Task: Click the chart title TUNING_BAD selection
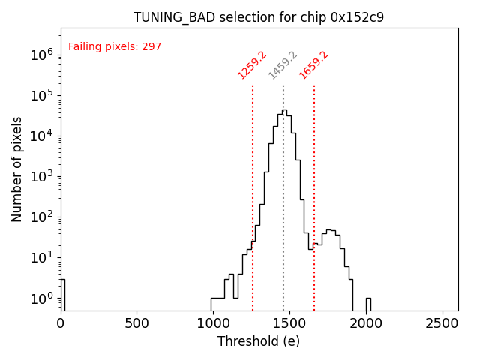click(259, 17)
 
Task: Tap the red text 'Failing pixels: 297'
click(115, 47)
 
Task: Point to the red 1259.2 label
click(252, 65)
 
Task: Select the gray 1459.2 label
click(283, 65)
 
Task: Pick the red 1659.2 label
click(313, 65)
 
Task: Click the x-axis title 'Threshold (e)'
click(259, 341)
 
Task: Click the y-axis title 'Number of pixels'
click(17, 169)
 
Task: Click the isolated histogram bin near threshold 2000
click(368, 304)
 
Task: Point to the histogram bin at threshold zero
click(62, 292)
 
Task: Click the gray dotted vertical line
click(283, 225)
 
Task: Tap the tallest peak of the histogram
click(284, 111)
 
